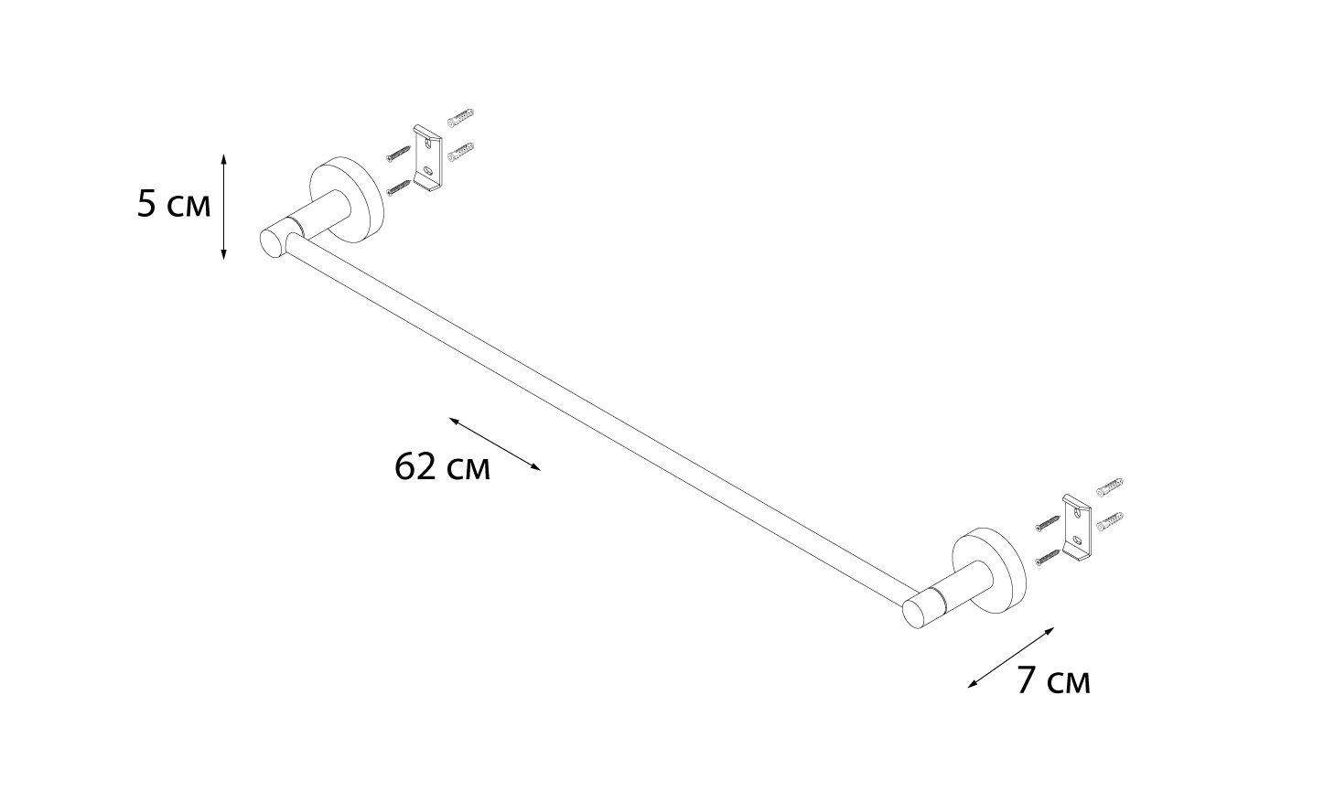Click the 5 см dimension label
coord(174,204)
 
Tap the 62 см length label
coord(442,466)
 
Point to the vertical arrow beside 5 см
coord(223,207)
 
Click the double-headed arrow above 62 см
coord(495,444)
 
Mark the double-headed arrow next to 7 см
coord(1011,658)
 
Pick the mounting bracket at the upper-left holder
coord(428,158)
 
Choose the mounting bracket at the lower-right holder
coord(1077,528)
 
